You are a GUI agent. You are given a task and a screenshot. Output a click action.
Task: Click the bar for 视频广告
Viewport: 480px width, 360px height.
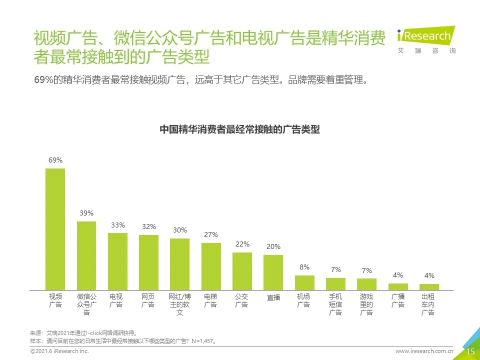tap(55, 229)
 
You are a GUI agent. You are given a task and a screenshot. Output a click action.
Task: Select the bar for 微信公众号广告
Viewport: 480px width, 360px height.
tap(86, 255)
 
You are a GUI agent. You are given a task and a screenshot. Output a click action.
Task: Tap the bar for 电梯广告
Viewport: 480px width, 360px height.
tap(211, 266)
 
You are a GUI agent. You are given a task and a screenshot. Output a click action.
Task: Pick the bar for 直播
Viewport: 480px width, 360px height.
tap(273, 272)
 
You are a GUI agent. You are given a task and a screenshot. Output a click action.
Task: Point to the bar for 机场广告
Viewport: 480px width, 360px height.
tap(304, 282)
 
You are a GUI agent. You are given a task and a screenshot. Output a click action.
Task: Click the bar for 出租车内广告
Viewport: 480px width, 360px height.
tap(429, 287)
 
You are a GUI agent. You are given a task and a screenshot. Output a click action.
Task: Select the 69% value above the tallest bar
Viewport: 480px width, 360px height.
tap(55, 160)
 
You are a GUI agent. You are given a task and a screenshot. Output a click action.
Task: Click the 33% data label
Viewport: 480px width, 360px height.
tap(118, 225)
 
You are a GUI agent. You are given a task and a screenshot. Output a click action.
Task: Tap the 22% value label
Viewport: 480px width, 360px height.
tap(242, 244)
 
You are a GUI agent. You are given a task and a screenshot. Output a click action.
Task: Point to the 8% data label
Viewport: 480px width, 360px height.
tap(304, 267)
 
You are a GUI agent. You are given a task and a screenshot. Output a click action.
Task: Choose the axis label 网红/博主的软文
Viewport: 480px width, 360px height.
tap(179, 304)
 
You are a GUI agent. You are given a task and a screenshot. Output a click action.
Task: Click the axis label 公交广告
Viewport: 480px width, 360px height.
tap(242, 300)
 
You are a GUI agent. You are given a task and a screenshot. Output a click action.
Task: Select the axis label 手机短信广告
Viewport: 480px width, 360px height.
tap(335, 304)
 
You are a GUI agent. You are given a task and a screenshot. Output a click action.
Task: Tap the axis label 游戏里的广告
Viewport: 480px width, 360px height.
tap(366, 304)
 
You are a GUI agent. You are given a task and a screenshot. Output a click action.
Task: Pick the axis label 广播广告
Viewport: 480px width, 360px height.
tap(398, 300)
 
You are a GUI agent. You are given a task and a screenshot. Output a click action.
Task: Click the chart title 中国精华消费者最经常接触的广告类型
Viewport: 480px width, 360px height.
tap(239, 129)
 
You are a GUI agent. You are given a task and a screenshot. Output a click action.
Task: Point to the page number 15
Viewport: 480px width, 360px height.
tap(470, 351)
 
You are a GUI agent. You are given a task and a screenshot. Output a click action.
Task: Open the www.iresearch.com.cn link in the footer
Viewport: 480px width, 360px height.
tap(424, 352)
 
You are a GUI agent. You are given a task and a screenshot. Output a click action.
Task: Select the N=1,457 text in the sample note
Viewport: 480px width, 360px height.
tap(205, 341)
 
